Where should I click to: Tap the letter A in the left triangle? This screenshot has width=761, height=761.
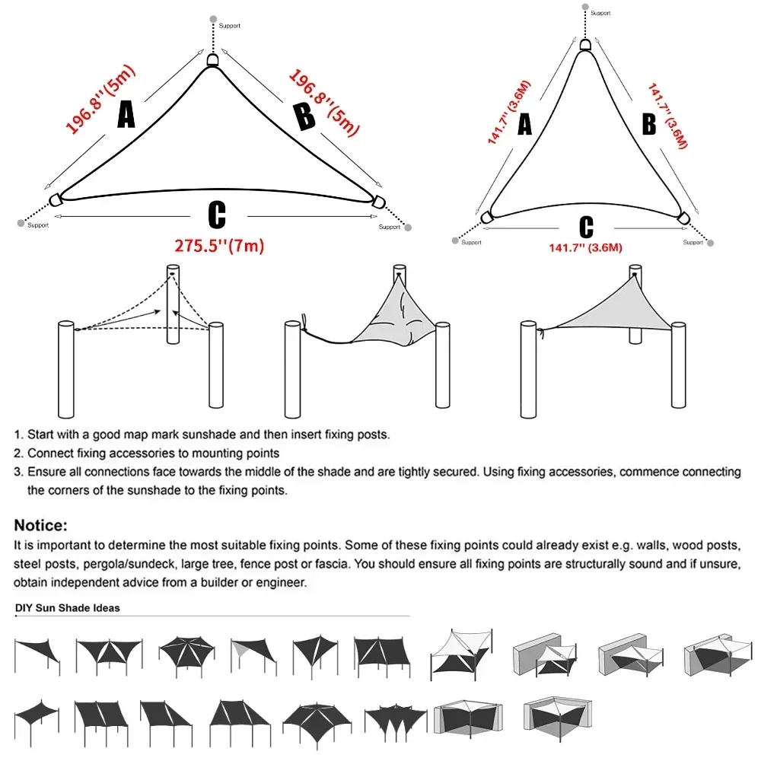pyautogui.click(x=126, y=115)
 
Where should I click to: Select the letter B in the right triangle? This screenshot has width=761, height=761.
pyautogui.click(x=648, y=124)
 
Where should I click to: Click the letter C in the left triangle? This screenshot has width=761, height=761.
pyautogui.click(x=216, y=215)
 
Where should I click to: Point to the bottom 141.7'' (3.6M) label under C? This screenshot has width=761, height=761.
pyautogui.click(x=586, y=248)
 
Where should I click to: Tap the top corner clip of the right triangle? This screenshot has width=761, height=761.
pyautogui.click(x=584, y=45)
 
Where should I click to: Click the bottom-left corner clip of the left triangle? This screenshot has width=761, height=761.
pyautogui.click(x=55, y=200)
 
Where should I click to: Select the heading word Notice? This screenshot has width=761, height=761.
pyautogui.click(x=41, y=525)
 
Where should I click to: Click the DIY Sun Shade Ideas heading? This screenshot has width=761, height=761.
pyautogui.click(x=67, y=608)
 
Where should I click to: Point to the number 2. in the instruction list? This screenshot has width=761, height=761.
pyautogui.click(x=18, y=454)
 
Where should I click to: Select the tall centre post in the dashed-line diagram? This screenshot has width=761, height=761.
pyautogui.click(x=174, y=304)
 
